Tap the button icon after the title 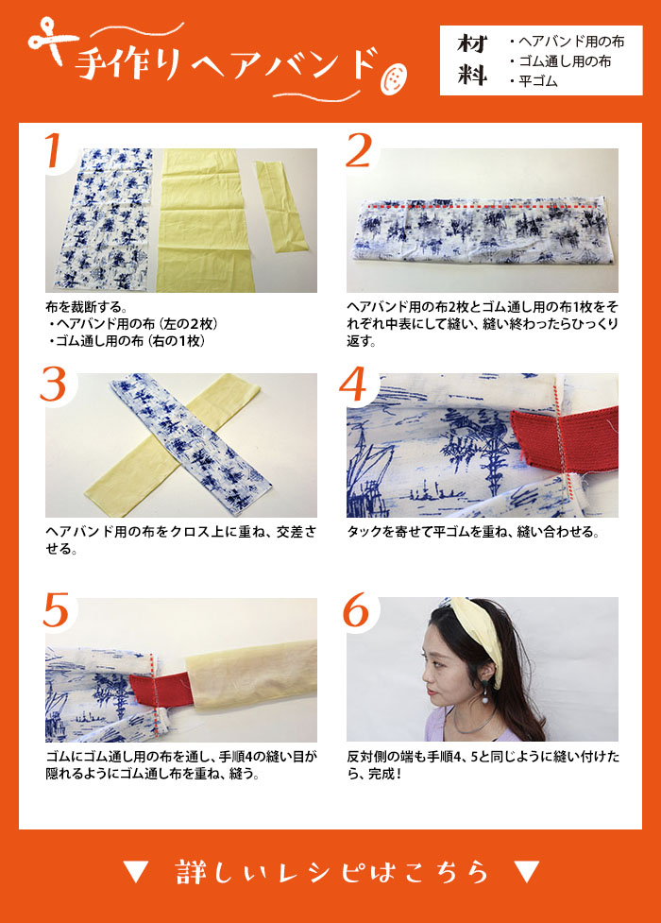(x=393, y=78)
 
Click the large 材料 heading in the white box (x=473, y=60)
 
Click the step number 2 (x=360, y=150)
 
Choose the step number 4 (x=353, y=385)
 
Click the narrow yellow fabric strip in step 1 (x=280, y=205)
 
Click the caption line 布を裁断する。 (x=87, y=307)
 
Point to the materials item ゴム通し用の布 (x=561, y=61)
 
